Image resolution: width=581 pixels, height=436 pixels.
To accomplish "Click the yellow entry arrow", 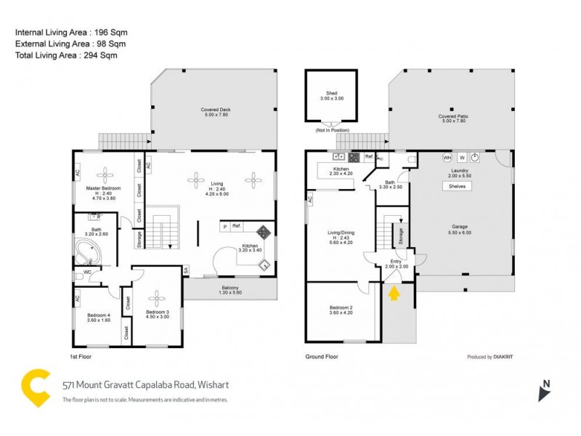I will click(x=394, y=293).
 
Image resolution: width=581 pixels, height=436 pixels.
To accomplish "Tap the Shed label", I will click(x=331, y=95).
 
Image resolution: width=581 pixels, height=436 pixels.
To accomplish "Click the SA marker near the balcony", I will click(x=186, y=270).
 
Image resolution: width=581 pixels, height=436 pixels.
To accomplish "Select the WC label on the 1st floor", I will click(x=88, y=273).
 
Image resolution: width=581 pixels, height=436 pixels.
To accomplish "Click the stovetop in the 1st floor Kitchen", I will click(x=264, y=234).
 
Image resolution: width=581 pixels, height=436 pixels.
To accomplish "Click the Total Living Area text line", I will click(x=66, y=55).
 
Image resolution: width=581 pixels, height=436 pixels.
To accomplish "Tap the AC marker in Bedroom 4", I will click(x=77, y=297).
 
